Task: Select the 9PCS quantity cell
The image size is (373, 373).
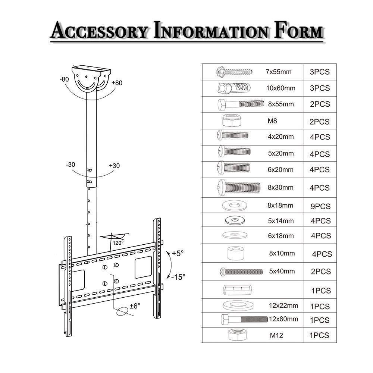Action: click(x=320, y=206)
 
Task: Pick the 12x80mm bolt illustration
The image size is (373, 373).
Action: click(x=244, y=319)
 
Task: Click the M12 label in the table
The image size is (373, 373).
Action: click(x=276, y=335)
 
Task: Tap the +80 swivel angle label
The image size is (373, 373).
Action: click(x=117, y=83)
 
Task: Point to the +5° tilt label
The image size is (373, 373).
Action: click(x=178, y=254)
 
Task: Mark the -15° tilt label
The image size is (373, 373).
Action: click(x=178, y=277)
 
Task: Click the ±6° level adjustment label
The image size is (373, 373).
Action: click(x=135, y=306)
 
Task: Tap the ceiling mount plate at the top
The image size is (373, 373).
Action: click(x=92, y=70)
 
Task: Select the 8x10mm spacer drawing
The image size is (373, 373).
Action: click(x=235, y=253)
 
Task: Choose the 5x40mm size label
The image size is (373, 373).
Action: click(x=282, y=271)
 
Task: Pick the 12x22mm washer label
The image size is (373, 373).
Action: click(x=283, y=305)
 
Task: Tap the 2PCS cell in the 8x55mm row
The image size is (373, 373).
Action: click(x=320, y=104)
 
